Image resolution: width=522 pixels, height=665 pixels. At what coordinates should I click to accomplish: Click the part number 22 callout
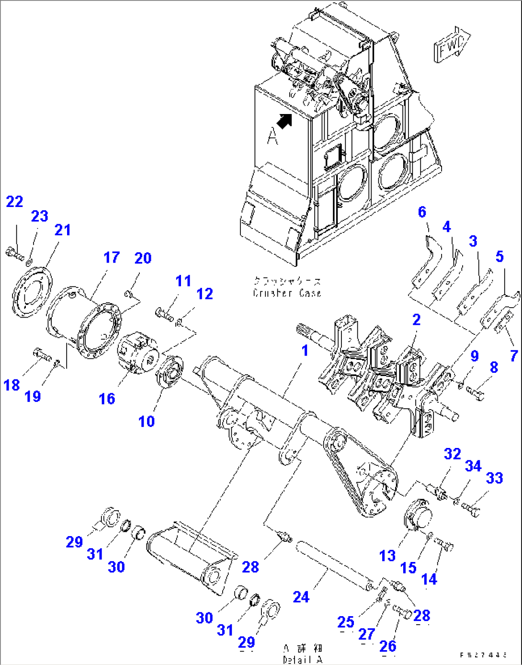(14, 202)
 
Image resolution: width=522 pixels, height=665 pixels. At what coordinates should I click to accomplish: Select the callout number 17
(111, 257)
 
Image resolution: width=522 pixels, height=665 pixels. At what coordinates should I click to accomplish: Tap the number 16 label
(106, 398)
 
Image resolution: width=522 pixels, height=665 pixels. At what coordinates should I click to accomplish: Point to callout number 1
(305, 351)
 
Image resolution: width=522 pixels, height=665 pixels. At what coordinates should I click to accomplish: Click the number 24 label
(301, 597)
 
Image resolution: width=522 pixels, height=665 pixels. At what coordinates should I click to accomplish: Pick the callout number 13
(387, 556)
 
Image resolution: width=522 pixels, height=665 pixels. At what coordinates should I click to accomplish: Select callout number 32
(452, 454)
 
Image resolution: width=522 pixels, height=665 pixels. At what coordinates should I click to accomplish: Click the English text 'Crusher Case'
(287, 293)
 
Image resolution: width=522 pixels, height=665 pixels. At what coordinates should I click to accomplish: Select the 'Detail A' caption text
(302, 659)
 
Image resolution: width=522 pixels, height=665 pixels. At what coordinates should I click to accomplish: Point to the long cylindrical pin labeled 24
(334, 566)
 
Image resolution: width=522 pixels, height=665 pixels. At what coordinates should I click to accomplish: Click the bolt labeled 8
(475, 394)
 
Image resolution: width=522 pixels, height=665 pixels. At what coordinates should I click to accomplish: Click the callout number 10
(146, 421)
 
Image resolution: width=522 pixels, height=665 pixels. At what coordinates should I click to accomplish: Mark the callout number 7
(513, 355)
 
